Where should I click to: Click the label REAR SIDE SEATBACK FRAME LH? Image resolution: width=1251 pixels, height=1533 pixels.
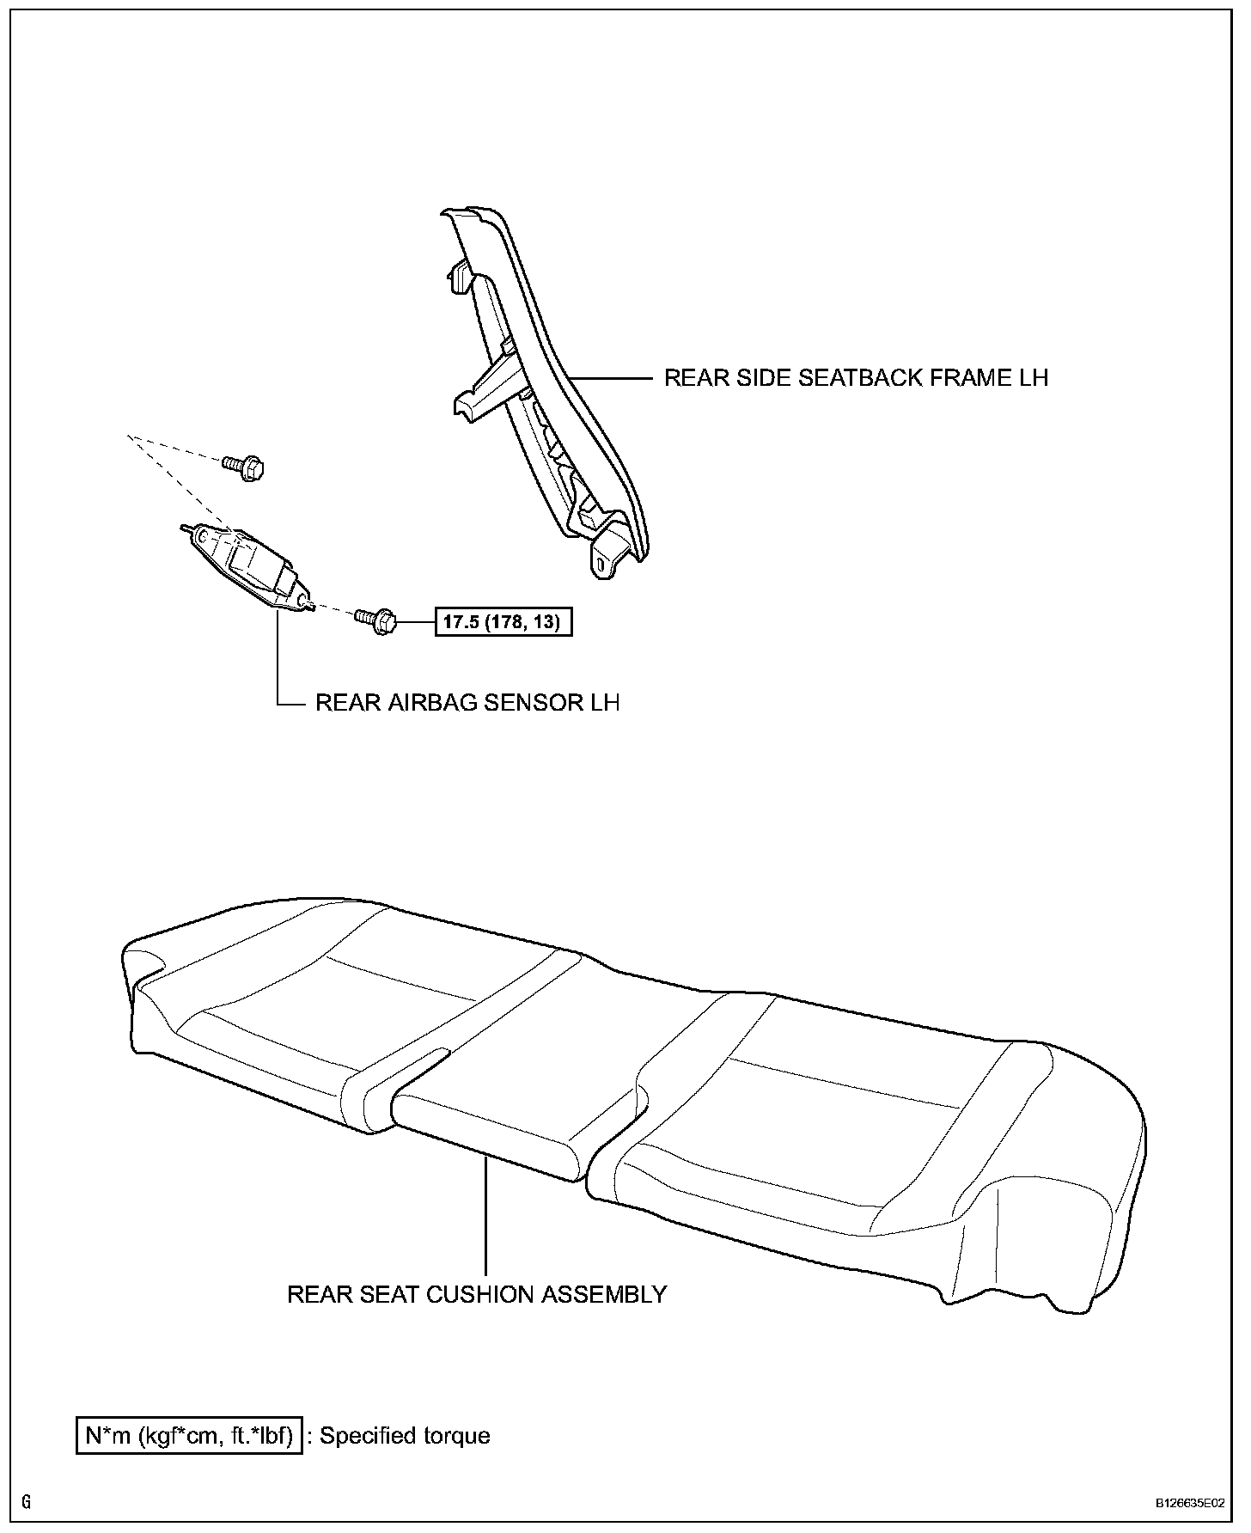click(x=856, y=378)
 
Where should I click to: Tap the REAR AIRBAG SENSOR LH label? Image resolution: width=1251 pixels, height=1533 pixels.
click(x=467, y=702)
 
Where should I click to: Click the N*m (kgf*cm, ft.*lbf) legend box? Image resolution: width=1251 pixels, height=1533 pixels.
click(x=190, y=1436)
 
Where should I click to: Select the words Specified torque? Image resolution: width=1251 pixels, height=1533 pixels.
click(x=405, y=1436)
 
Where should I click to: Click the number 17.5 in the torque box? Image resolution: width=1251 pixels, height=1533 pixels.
click(x=461, y=621)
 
